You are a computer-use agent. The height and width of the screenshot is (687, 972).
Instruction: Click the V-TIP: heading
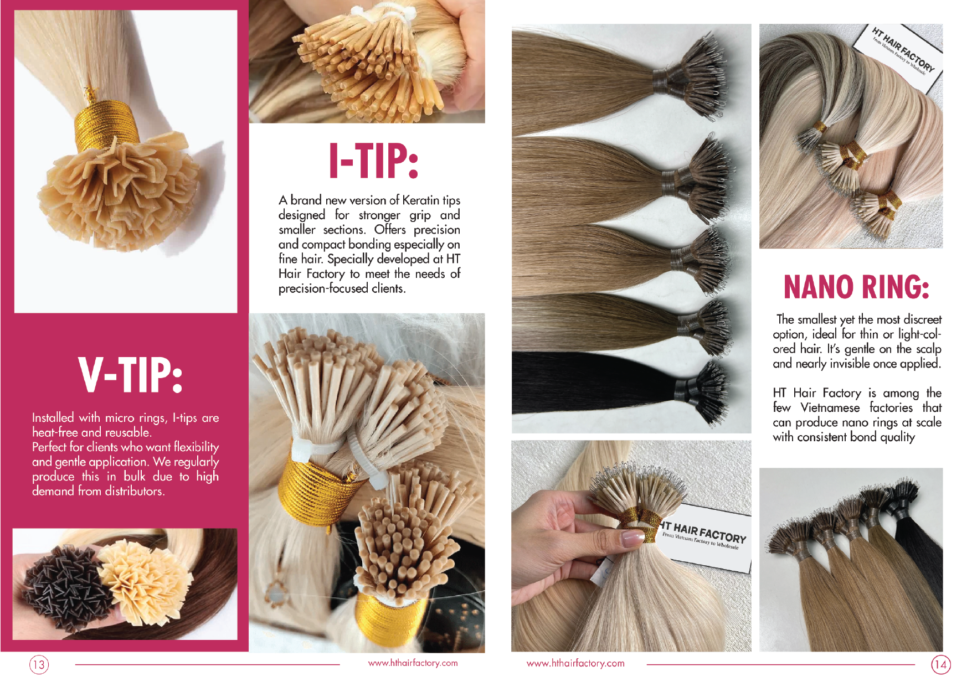coord(130,375)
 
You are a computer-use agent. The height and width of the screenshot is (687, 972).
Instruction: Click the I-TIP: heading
coord(374,161)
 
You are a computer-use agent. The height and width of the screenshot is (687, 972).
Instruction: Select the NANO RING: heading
coord(856,287)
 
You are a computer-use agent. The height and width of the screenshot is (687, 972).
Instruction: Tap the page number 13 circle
coord(39,664)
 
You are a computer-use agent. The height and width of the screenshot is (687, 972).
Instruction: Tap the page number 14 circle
coord(940,664)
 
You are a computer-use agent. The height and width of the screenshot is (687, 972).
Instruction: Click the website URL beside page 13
coord(413,663)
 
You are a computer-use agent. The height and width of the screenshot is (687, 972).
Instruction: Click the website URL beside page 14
coord(575,663)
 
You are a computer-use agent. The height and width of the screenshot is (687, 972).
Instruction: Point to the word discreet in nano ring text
coord(922,319)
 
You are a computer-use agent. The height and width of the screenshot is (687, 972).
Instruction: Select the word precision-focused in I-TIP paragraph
coord(323,288)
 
